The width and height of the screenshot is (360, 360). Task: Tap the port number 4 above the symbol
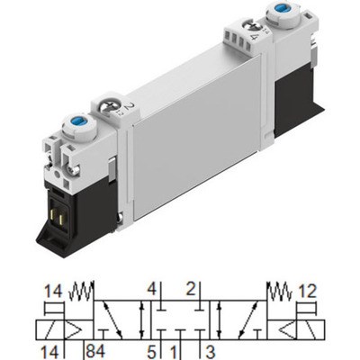[153, 289]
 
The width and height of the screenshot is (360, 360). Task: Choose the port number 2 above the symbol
[192, 289]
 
